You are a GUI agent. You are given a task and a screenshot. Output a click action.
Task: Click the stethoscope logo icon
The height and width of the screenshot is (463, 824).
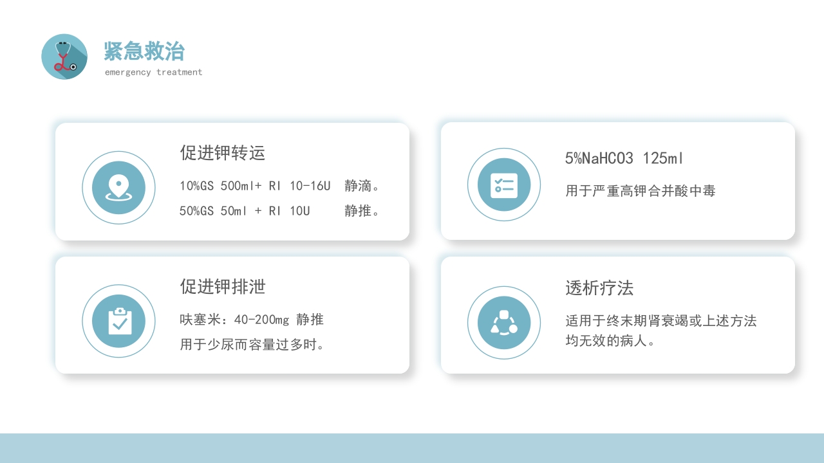pos(64,57)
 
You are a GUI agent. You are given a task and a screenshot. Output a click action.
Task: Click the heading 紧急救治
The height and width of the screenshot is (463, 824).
pos(144,51)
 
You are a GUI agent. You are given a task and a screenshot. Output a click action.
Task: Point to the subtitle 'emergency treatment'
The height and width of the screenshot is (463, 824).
pos(153,72)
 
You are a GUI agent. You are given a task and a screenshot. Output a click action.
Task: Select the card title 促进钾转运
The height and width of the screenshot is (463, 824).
pos(223,153)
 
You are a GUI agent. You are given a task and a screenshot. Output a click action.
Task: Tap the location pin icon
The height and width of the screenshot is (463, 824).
pos(118,188)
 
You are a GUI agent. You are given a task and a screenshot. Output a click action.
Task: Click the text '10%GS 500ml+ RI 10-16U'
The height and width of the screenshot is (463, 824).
pos(255,186)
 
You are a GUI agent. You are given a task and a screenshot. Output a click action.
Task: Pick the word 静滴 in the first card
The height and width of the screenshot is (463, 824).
pos(359,186)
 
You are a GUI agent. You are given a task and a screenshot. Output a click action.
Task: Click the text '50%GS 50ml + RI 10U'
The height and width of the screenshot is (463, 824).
pos(245,211)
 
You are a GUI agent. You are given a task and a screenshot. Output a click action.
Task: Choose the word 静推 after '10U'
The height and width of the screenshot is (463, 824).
pos(359,211)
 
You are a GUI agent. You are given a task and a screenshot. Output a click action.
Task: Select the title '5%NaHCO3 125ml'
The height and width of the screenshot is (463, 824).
pos(624,158)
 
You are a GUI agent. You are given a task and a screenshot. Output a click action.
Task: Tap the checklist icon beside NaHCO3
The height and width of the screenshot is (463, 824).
pos(504,185)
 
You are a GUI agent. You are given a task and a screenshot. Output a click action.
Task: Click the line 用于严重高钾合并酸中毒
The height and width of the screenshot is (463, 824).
pos(641,191)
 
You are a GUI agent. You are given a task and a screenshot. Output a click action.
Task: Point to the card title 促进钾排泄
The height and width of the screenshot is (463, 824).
pos(223,287)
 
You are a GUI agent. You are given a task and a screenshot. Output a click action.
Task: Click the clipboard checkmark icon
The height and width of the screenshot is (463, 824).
pos(118,321)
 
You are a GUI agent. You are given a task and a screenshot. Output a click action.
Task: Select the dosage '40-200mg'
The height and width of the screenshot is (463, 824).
pos(262,320)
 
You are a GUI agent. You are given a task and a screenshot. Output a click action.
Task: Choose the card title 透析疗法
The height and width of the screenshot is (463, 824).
pos(599,288)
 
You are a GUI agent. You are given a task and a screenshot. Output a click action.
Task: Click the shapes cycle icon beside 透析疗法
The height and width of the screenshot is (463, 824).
pos(504,323)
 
